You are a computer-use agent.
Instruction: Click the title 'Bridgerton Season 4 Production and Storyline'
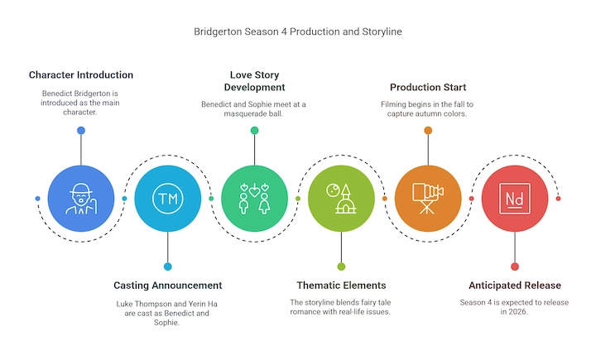click(x=298, y=31)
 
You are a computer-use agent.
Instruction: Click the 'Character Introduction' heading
click(x=81, y=75)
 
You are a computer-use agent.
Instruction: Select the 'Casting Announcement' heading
click(x=168, y=286)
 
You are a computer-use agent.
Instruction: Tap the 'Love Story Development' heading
click(x=254, y=81)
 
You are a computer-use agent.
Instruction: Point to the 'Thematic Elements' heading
click(x=341, y=286)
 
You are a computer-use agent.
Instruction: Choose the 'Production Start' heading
click(x=428, y=87)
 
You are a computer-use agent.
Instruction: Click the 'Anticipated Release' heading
click(x=514, y=286)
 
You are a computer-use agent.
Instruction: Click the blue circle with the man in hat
click(x=81, y=199)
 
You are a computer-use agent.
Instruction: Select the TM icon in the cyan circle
click(x=168, y=199)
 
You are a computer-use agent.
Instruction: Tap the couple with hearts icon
click(x=254, y=199)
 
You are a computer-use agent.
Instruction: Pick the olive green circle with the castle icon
click(x=341, y=199)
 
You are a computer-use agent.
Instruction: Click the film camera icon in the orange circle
click(x=428, y=199)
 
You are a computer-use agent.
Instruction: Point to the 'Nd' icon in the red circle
click(x=514, y=199)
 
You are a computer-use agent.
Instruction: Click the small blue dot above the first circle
click(x=81, y=131)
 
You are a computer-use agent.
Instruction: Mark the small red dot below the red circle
click(x=514, y=266)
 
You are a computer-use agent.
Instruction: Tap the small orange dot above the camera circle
click(x=428, y=131)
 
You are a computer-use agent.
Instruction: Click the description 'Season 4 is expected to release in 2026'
click(x=514, y=308)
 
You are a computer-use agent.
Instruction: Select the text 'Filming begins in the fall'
click(x=428, y=104)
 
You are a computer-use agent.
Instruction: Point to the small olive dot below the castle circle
click(x=341, y=266)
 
